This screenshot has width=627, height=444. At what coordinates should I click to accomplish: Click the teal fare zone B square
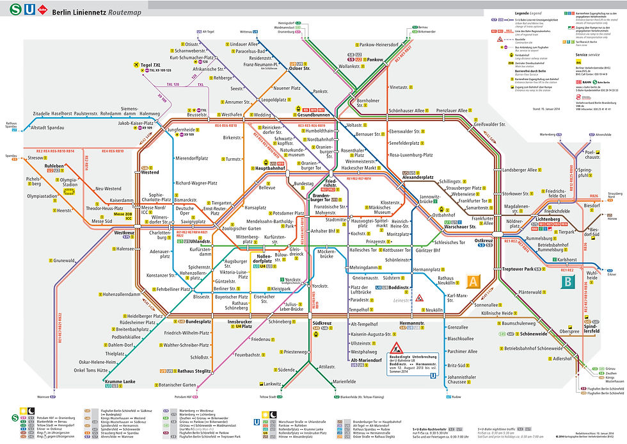tap(567, 280)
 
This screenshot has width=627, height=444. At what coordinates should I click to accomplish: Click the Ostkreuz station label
tap(484, 240)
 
